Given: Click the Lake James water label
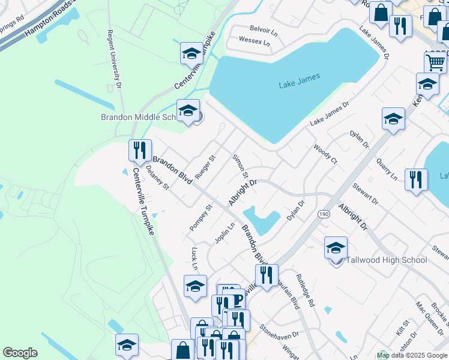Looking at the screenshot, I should click(x=300, y=80).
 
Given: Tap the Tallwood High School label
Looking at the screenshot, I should click(x=386, y=260).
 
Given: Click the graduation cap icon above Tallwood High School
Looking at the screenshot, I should click(x=336, y=247).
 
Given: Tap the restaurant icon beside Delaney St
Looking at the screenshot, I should click(x=139, y=150).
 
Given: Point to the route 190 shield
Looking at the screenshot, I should click(x=324, y=214).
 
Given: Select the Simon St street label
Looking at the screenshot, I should click(x=240, y=165).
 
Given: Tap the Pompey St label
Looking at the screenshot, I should click(x=201, y=217).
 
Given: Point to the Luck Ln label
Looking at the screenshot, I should click(x=194, y=257).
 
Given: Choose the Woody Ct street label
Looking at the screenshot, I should click(x=326, y=153).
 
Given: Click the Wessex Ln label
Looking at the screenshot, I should click(x=254, y=42).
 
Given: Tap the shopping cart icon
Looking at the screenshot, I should click(x=435, y=61).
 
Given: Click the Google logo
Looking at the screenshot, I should click(x=20, y=353).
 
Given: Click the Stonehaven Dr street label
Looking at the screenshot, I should click(x=279, y=331).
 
